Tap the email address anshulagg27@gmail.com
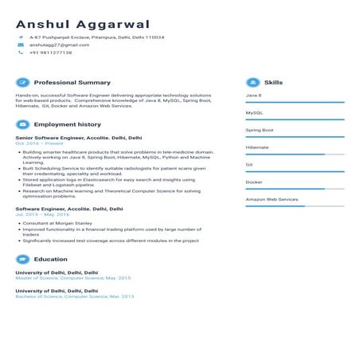tap(59, 45)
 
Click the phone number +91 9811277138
tap(50, 53)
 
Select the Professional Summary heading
tap(72, 82)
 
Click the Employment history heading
tap(67, 124)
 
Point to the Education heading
tap(50, 259)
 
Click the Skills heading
tap(273, 82)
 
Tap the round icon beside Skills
tap(252, 82)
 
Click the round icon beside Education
tap(22, 259)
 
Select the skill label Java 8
tap(253, 96)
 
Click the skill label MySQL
tap(254, 112)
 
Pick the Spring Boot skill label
tap(260, 130)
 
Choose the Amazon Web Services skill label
tap(272, 199)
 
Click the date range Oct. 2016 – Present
tap(33, 143)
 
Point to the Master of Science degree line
tap(72, 278)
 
